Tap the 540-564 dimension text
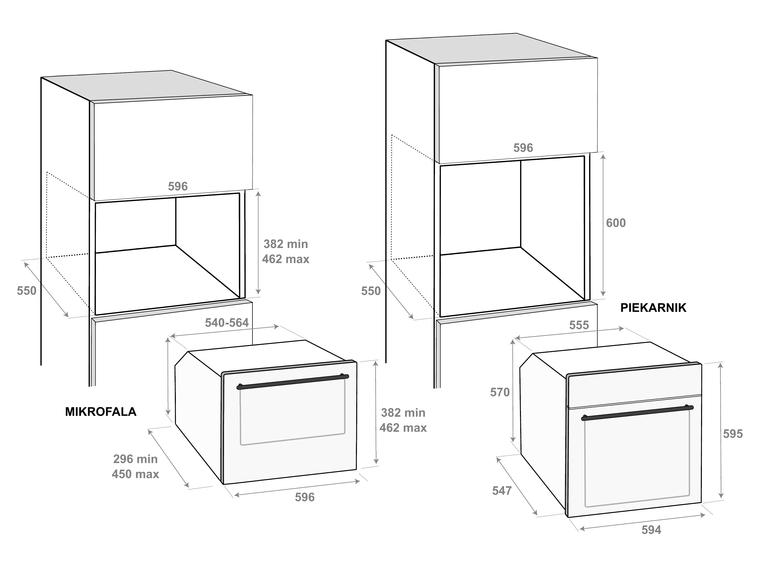click(x=227, y=323)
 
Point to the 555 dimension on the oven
click(x=579, y=325)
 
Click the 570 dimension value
click(x=500, y=392)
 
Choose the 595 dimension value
click(x=733, y=434)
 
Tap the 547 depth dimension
click(x=502, y=490)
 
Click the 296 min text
click(x=135, y=459)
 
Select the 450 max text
click(x=135, y=474)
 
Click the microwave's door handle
click(x=293, y=382)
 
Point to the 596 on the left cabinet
click(x=178, y=187)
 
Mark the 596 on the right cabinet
click(x=523, y=148)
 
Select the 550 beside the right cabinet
click(x=371, y=291)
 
